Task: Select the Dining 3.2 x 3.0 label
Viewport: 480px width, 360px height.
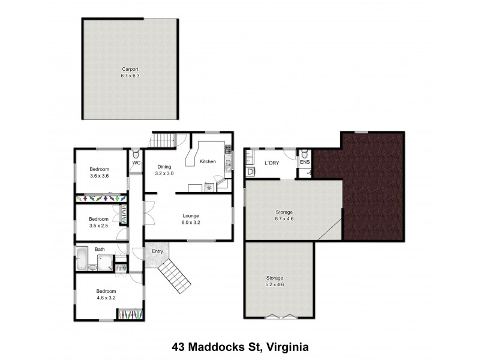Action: [164, 170]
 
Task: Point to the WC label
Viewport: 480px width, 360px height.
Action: [136, 163]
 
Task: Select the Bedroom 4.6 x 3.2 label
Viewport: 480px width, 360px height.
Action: [106, 293]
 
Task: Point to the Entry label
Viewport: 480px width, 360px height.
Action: [157, 251]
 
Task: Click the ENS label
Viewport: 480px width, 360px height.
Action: [304, 163]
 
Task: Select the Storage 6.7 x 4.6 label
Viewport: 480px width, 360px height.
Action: [284, 215]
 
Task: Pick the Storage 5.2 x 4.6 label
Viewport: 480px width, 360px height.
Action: [275, 281]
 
